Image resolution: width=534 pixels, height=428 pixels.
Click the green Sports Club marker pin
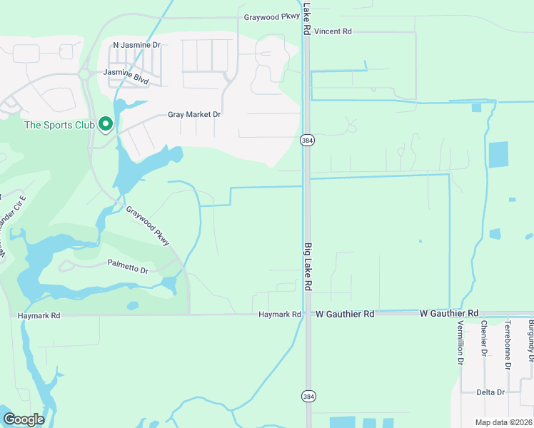click(106, 125)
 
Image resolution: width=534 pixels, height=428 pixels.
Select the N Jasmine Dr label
click(137, 44)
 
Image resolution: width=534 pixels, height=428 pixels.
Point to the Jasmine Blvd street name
click(126, 76)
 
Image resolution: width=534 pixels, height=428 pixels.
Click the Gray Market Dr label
click(194, 114)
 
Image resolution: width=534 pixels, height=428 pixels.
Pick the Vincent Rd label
click(333, 31)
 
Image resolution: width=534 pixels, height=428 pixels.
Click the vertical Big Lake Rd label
click(308, 266)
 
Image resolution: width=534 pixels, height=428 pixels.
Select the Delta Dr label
click(490, 392)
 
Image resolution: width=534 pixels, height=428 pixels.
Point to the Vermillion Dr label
click(458, 342)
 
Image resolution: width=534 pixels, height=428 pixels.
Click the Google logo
click(23, 419)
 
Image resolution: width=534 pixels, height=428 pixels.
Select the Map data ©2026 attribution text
click(503, 422)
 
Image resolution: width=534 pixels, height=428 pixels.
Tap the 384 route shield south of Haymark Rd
click(308, 396)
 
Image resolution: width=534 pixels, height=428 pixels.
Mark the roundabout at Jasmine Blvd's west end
click(84, 73)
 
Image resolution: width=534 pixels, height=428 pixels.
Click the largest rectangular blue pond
click(498, 154)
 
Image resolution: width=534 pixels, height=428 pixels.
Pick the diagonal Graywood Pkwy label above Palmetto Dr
click(148, 227)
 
